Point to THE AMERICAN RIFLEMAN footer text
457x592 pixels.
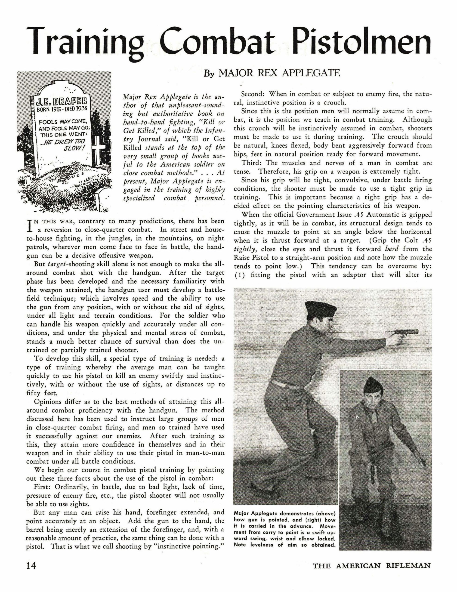(x=371, y=566)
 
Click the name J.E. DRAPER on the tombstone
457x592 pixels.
(x=62, y=103)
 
